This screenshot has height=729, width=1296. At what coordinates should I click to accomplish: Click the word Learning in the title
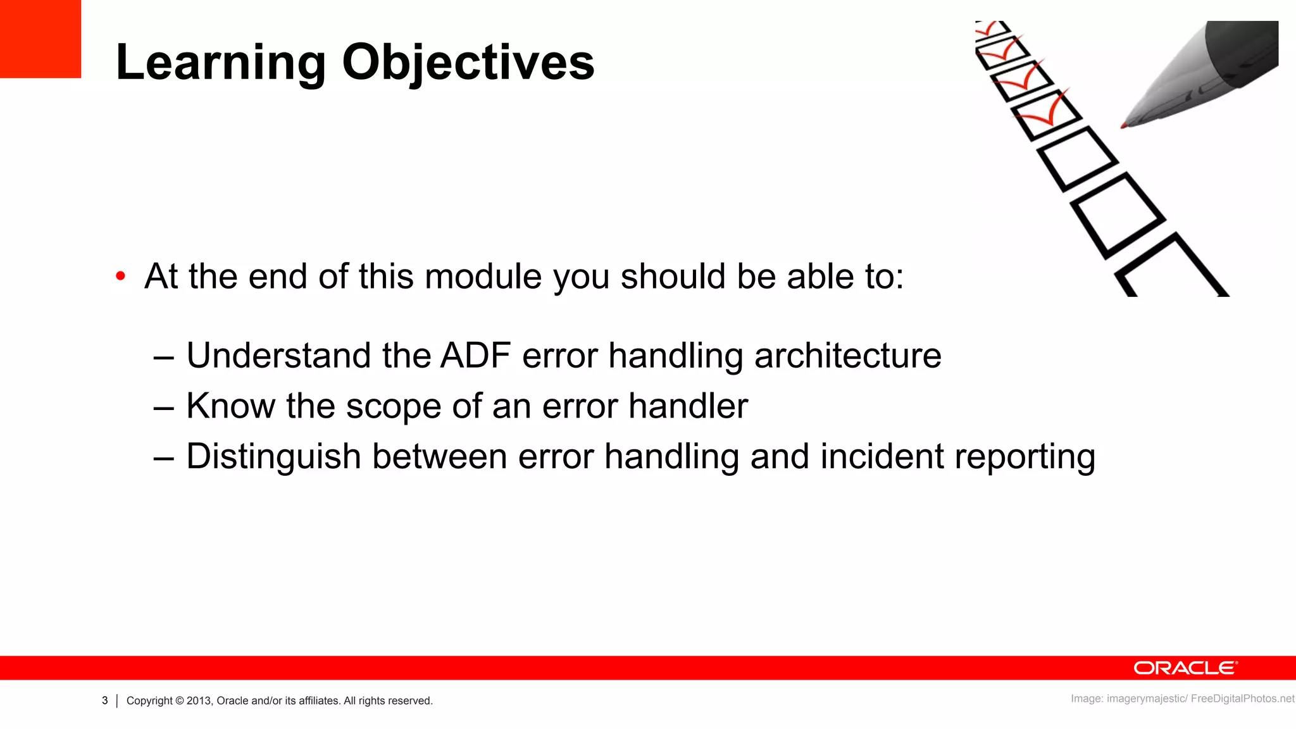click(x=221, y=63)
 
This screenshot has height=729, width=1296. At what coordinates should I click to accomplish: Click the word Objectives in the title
click(x=468, y=63)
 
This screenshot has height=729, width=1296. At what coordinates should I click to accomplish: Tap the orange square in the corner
click(x=40, y=39)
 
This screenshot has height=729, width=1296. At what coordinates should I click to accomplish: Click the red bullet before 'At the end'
click(x=121, y=277)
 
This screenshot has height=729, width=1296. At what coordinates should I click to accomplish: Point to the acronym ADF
click(x=475, y=355)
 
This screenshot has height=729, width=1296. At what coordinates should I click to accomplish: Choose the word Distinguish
click(x=273, y=457)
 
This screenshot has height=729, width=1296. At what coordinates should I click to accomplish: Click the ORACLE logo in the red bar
click(x=1185, y=668)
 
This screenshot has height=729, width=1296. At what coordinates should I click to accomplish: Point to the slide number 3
click(x=105, y=701)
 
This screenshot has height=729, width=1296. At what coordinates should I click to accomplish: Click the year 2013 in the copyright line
click(x=199, y=701)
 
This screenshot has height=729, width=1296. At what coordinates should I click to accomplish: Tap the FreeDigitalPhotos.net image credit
click(x=1242, y=699)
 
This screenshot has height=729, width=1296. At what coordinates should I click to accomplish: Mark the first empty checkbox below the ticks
click(x=1076, y=158)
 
